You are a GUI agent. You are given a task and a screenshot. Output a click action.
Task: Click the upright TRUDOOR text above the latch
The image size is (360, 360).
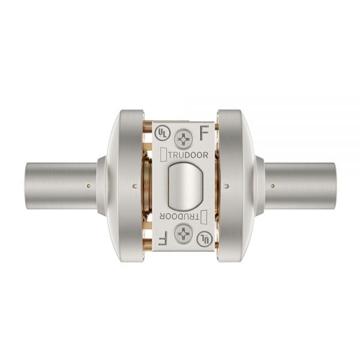[185, 154]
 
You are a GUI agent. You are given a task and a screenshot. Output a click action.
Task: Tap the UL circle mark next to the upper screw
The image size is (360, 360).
[165, 131]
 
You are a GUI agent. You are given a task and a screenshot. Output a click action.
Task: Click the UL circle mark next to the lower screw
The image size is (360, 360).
[205, 239]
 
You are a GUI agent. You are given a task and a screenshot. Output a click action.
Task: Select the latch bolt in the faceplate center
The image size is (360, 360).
[185, 185]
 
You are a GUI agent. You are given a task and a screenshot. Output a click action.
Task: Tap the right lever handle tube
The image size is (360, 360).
[303, 185]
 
